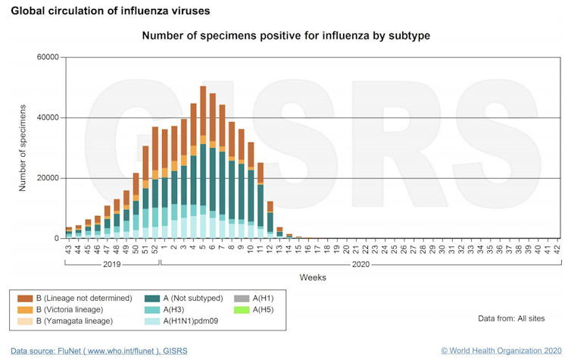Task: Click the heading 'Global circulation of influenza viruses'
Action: tap(111, 11)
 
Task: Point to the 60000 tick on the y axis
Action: tap(46, 58)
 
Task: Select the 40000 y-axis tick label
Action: tap(46, 117)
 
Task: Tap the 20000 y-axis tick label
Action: tap(46, 178)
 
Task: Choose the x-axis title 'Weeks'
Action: tap(313, 277)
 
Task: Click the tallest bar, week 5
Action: tap(203, 162)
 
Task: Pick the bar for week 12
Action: tap(270, 220)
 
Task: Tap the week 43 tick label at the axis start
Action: tap(68, 247)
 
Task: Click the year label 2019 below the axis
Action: tap(111, 265)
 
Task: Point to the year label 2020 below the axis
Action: tap(361, 265)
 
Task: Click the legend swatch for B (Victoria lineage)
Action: tap(24, 309)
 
